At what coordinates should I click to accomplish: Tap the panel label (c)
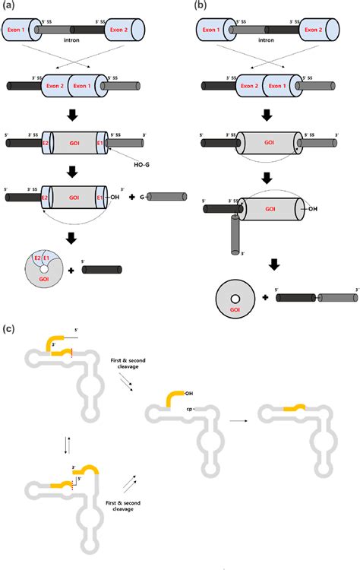[x=8, y=328]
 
